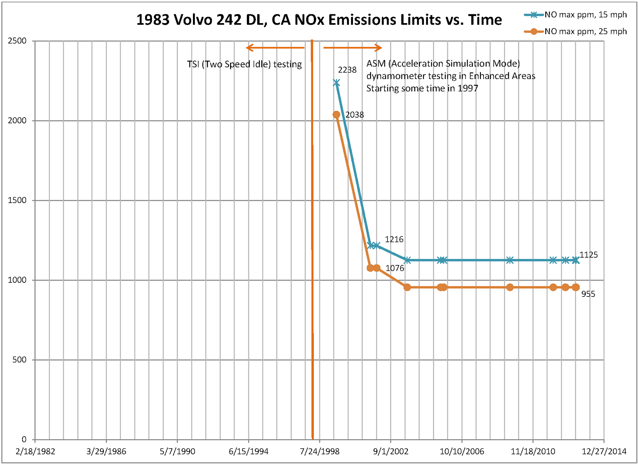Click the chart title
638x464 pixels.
[x=319, y=20]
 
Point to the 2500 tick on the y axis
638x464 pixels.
[x=17, y=41]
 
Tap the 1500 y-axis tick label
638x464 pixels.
[x=17, y=200]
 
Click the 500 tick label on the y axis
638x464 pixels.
[x=19, y=360]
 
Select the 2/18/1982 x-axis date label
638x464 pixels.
[x=35, y=451]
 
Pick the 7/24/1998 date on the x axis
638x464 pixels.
[x=320, y=451]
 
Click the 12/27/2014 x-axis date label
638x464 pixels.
[x=604, y=451]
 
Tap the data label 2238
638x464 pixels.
[x=347, y=70]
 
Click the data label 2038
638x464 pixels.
[x=354, y=115]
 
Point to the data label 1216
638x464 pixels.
[x=394, y=239]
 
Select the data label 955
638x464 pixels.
[x=588, y=294]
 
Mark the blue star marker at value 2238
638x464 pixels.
[x=337, y=83]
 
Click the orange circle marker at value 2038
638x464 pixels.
[x=336, y=115]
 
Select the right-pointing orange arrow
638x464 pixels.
[x=352, y=48]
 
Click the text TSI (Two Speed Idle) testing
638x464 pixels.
[x=244, y=64]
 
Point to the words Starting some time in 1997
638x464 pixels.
[x=422, y=88]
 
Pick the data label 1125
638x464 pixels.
[x=589, y=255]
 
